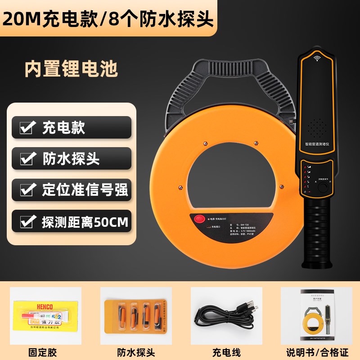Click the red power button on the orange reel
(x=199, y=220)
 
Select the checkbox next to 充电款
(x=27, y=128)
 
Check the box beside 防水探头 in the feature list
(x=27, y=159)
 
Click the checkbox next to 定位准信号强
(x=27, y=190)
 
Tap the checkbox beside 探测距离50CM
(x=27, y=221)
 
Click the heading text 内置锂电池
(x=71, y=69)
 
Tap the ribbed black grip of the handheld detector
(x=317, y=229)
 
